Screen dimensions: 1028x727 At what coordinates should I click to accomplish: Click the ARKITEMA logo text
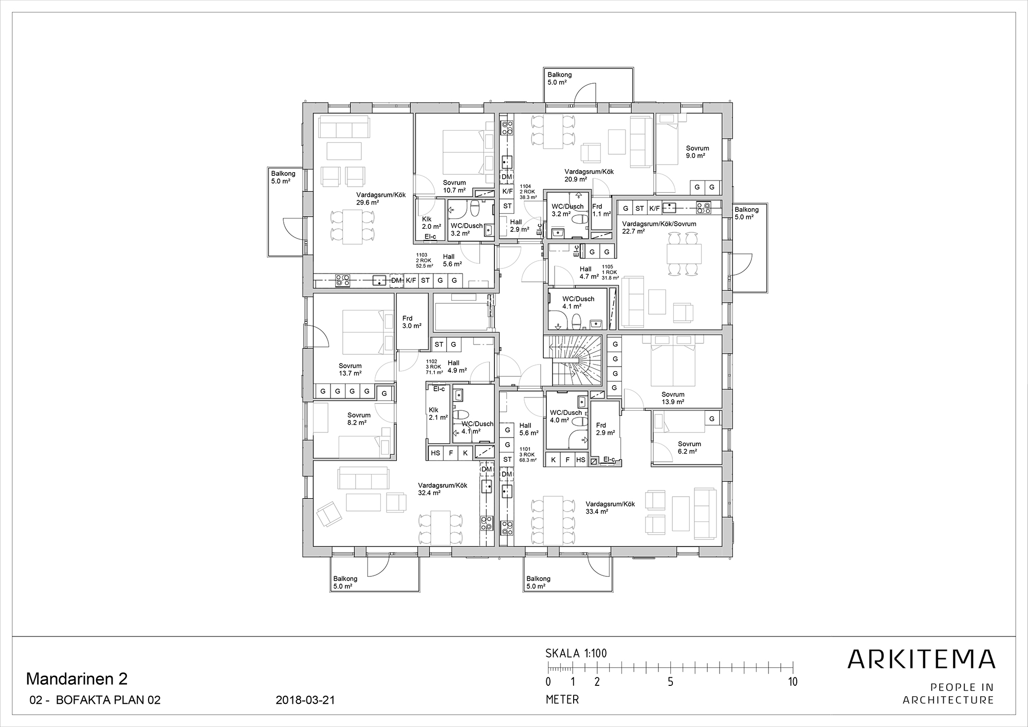(921, 659)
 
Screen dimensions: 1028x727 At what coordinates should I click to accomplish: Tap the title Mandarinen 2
(77, 679)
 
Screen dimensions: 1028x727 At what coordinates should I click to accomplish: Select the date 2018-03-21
(305, 700)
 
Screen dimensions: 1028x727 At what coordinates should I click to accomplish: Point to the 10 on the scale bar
(793, 682)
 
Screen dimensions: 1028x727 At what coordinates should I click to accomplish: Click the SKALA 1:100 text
(576, 653)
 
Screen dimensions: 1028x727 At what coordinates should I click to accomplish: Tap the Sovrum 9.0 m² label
(697, 152)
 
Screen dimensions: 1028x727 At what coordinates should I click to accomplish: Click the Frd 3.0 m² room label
(411, 322)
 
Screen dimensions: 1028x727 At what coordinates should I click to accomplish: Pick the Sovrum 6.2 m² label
(689, 447)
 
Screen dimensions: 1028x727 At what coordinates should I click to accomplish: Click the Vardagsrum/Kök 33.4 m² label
(610, 507)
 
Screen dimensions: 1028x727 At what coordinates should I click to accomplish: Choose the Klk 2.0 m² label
(431, 223)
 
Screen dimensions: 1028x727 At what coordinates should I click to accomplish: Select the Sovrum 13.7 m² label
(350, 370)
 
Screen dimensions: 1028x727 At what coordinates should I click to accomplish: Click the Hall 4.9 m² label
(457, 366)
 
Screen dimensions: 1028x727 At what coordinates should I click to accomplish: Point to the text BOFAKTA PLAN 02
(108, 700)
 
